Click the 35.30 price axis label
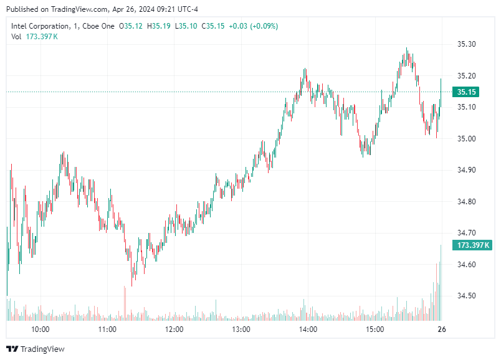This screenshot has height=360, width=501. pyautogui.click(x=466, y=44)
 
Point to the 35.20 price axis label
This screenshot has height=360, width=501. pyautogui.click(x=466, y=76)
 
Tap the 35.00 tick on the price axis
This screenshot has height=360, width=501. pyautogui.click(x=466, y=139)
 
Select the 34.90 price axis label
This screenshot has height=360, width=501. pyautogui.click(x=466, y=170)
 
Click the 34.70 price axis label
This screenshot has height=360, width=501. pyautogui.click(x=466, y=233)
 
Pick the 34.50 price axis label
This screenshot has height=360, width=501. pyautogui.click(x=466, y=296)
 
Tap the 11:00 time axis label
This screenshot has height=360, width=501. pyautogui.click(x=107, y=329)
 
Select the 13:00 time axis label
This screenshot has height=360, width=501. pyautogui.click(x=241, y=329)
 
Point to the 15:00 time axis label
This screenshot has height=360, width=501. pyautogui.click(x=375, y=329)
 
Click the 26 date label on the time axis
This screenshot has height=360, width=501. pyautogui.click(x=442, y=329)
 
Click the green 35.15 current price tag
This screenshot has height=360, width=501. pyautogui.click(x=467, y=92)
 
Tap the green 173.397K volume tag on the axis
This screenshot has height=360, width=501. pyautogui.click(x=474, y=245)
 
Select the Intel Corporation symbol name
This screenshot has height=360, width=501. pyautogui.click(x=41, y=26)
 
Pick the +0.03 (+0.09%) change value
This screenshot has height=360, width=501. pyautogui.click(x=254, y=26)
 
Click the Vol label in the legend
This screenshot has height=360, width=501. pyautogui.click(x=17, y=37)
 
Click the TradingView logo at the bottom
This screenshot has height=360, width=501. pyautogui.click(x=36, y=349)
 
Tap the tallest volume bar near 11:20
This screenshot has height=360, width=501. pyautogui.click(x=125, y=303)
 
